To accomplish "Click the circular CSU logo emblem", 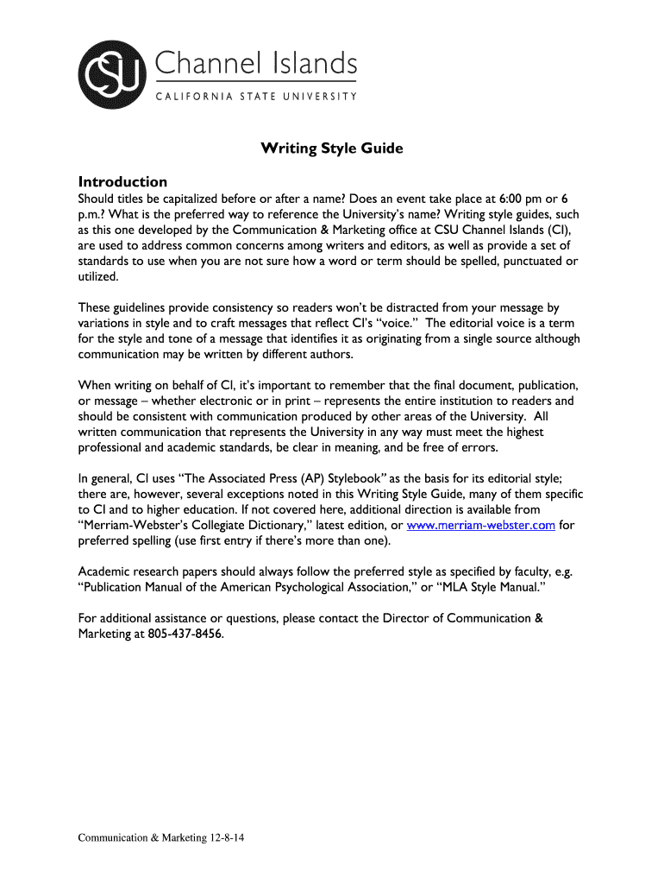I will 112,74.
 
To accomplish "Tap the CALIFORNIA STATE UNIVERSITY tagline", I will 256,97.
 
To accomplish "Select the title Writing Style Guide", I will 332,148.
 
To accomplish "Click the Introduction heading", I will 122,182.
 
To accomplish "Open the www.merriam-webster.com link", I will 481,526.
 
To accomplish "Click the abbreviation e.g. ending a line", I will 561,571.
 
